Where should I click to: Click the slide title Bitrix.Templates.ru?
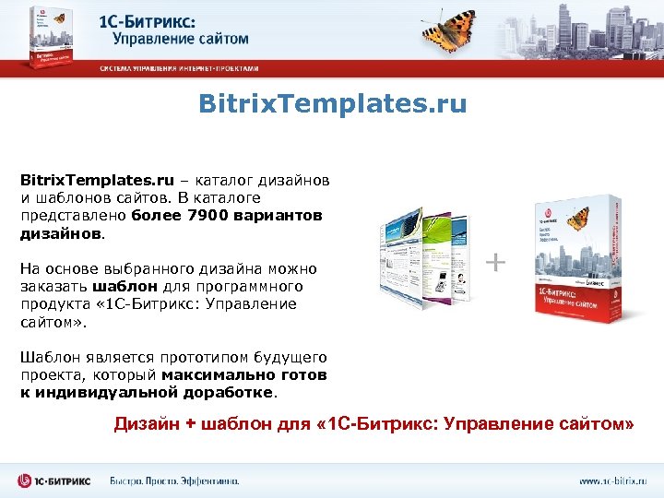point(332,103)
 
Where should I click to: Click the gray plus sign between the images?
point(495,264)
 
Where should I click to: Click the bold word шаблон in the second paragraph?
point(119,286)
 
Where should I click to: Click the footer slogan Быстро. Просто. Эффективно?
point(174,480)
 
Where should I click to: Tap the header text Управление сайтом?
point(181,39)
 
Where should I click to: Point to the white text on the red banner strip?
point(179,68)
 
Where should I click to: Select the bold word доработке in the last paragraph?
point(231,392)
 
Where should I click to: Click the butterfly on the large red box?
point(577,219)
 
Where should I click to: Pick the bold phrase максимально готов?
point(243,374)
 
